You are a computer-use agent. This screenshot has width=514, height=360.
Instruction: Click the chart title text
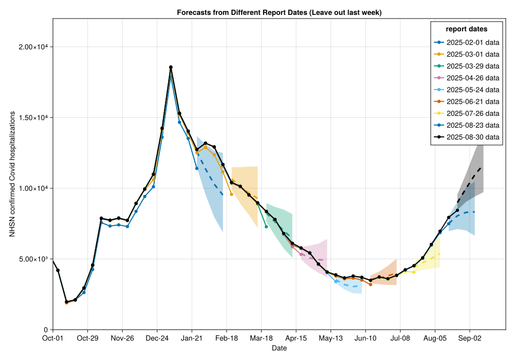pos(279,12)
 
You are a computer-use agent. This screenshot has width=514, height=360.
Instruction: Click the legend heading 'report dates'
pos(467,29)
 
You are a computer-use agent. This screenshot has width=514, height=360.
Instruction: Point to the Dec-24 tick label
pos(157,338)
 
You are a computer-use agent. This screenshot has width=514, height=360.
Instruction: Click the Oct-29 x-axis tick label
pos(87,338)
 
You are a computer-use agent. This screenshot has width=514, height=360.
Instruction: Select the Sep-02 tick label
pos(469,338)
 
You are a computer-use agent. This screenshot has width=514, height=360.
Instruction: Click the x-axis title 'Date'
pos(279,349)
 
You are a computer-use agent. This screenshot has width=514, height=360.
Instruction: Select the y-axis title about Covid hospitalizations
pos(12,188)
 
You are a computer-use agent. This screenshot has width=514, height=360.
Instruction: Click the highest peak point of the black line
pos(171,67)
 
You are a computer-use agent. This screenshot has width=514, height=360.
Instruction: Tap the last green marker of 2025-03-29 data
pos(266,226)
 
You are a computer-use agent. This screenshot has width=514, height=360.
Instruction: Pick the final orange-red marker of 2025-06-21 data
pos(370,284)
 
